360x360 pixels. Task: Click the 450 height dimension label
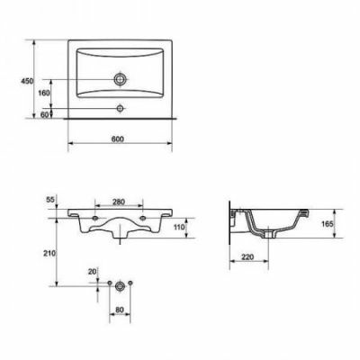[27, 81]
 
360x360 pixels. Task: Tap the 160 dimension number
[44, 93]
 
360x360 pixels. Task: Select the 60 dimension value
[44, 114]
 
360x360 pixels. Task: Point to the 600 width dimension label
[118, 139]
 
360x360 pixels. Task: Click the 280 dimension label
[119, 202]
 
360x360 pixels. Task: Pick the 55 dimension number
[51, 199]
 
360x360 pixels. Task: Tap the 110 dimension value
[179, 227]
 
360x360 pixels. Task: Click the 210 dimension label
[49, 254]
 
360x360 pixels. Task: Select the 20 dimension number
[92, 272]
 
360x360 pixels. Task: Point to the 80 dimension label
[120, 310]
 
